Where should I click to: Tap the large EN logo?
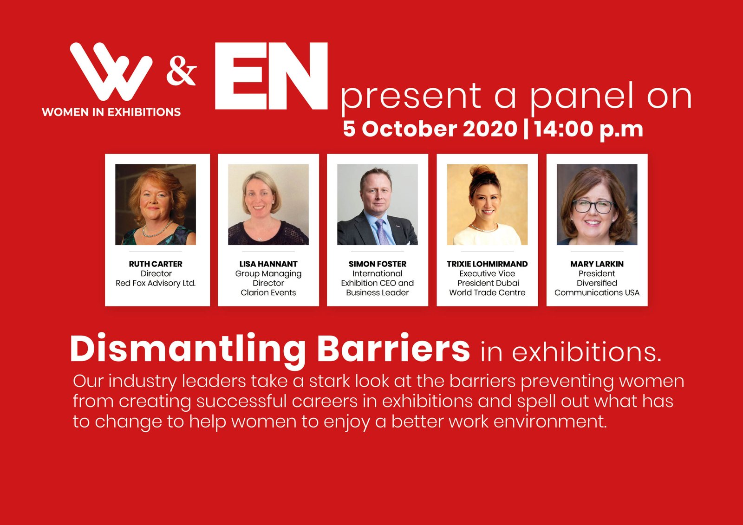pyautogui.click(x=271, y=76)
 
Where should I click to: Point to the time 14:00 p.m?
pyautogui.click(x=589, y=130)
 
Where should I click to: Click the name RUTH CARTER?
pyautogui.click(x=156, y=264)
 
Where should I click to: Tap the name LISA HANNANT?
pyautogui.click(x=268, y=264)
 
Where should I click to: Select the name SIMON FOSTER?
pyautogui.click(x=378, y=264)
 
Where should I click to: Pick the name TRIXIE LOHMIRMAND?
pyautogui.click(x=487, y=264)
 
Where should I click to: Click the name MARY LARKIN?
pyautogui.click(x=597, y=264)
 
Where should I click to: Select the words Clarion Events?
pyautogui.click(x=268, y=292)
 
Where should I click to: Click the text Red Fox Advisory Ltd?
pyautogui.click(x=156, y=283)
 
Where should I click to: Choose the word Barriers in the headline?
pyautogui.click(x=394, y=349)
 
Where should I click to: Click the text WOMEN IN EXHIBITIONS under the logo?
pyautogui.click(x=111, y=112)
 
